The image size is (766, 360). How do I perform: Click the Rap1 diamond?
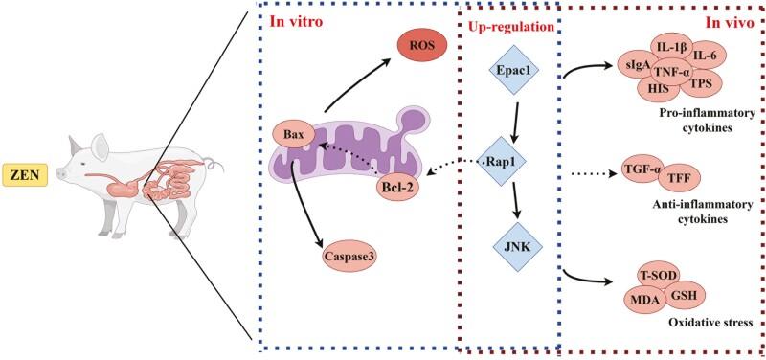(x=508, y=164)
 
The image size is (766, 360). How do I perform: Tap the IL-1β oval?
(x=661, y=47)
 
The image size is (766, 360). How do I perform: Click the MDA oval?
(x=644, y=301)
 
